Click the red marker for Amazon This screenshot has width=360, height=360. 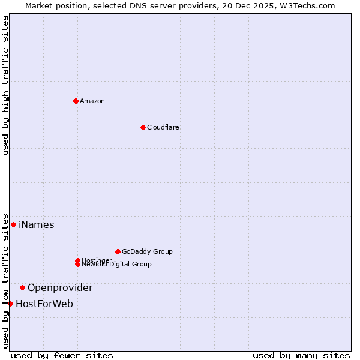tap(76, 101)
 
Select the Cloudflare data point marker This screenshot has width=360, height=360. tap(143, 127)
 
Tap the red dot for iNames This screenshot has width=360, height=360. tap(13, 224)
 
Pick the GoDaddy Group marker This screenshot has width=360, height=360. tap(118, 251)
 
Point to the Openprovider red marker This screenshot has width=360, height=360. tap(22, 287)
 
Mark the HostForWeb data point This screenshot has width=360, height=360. tap(10, 304)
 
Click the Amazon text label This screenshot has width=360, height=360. tap(92, 101)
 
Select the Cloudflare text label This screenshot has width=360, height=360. tap(163, 127)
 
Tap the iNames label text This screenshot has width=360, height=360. tap(37, 225)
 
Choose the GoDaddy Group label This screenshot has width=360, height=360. tap(147, 251)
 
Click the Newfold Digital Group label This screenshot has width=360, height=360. tap(117, 265)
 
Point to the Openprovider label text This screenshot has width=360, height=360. tap(60, 288)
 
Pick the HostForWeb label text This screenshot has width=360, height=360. tap(44, 304)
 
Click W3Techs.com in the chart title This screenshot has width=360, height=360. tap(307, 5)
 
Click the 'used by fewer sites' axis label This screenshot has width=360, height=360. tap(62, 356)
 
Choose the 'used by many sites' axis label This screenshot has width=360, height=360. tap(301, 356)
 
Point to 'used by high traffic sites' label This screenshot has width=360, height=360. tap(5, 85)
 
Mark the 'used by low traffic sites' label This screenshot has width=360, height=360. tap(5, 281)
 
